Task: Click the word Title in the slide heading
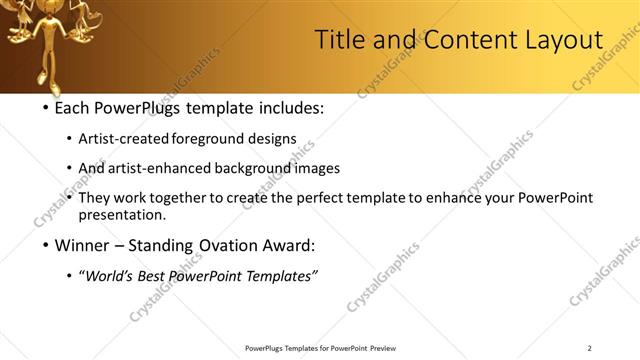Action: coord(339,40)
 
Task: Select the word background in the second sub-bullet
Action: coord(237,168)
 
